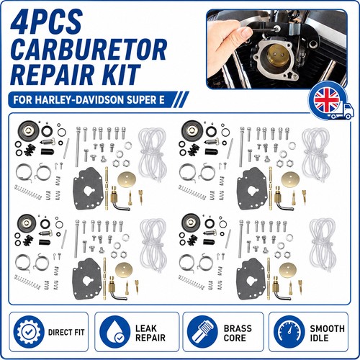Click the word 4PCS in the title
click(x=46, y=22)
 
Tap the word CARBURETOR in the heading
click(x=89, y=50)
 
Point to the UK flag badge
click(x=327, y=100)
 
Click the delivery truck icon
click(x=342, y=112)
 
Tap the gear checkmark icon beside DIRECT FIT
click(x=29, y=332)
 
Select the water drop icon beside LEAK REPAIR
click(x=115, y=332)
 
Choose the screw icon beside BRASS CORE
click(x=202, y=332)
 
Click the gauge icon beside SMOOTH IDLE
click(x=289, y=332)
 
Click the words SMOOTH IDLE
click(x=327, y=333)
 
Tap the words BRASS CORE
click(x=238, y=333)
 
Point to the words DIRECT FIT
click(x=66, y=333)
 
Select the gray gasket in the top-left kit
click(x=89, y=189)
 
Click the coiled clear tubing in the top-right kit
click(x=316, y=153)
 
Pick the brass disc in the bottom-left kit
click(x=124, y=270)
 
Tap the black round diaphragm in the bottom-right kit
click(x=191, y=221)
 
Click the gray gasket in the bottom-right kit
click(x=251, y=279)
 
